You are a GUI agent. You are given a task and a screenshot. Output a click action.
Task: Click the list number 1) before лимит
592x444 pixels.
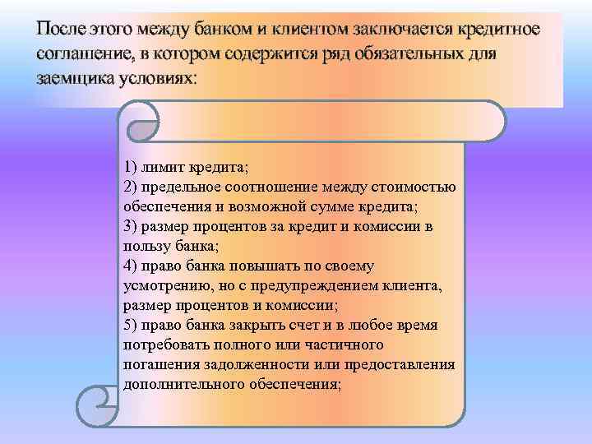click(132, 168)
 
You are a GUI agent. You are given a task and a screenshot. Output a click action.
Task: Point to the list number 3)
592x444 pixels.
click(132, 226)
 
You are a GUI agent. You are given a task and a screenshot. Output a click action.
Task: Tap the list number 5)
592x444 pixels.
click(132, 325)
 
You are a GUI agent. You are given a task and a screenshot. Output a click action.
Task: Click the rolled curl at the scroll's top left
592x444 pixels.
click(144, 122)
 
